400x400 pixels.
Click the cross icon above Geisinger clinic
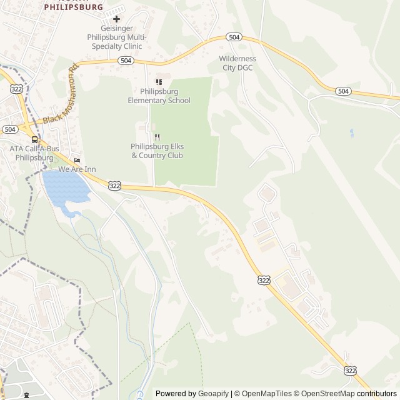[x=116, y=19]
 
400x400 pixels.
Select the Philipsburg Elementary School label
[x=159, y=96]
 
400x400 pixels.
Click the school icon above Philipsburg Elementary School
[x=159, y=82]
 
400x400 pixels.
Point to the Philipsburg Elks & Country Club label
[x=157, y=151]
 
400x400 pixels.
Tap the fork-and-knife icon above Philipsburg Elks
[x=157, y=137]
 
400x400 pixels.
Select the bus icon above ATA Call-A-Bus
[x=34, y=140]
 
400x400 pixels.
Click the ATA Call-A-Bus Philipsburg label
[x=34, y=153]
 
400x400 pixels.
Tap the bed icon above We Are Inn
[x=77, y=160]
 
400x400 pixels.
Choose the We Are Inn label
[x=77, y=169]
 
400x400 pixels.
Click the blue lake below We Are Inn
[x=62, y=186]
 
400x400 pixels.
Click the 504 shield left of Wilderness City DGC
[x=233, y=37]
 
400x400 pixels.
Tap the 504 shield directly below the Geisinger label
[x=125, y=61]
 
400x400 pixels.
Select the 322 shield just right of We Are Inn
[x=114, y=186]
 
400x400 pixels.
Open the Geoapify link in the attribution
[x=214, y=394]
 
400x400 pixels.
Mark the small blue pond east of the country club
[x=351, y=132]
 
